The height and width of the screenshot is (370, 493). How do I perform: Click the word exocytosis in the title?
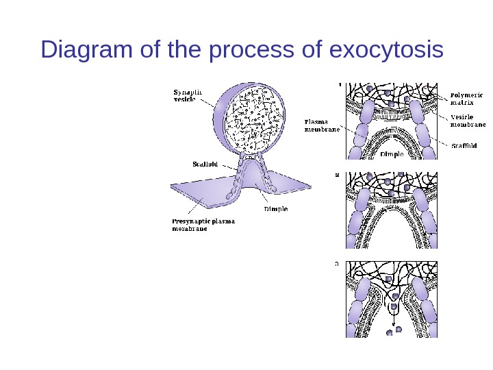386,50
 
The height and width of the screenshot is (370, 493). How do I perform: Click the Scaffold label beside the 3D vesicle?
205,164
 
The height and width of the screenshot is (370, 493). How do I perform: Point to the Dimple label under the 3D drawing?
276,208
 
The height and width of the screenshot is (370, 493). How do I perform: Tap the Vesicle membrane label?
468,121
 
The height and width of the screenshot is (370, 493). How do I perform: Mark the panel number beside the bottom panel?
336,262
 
